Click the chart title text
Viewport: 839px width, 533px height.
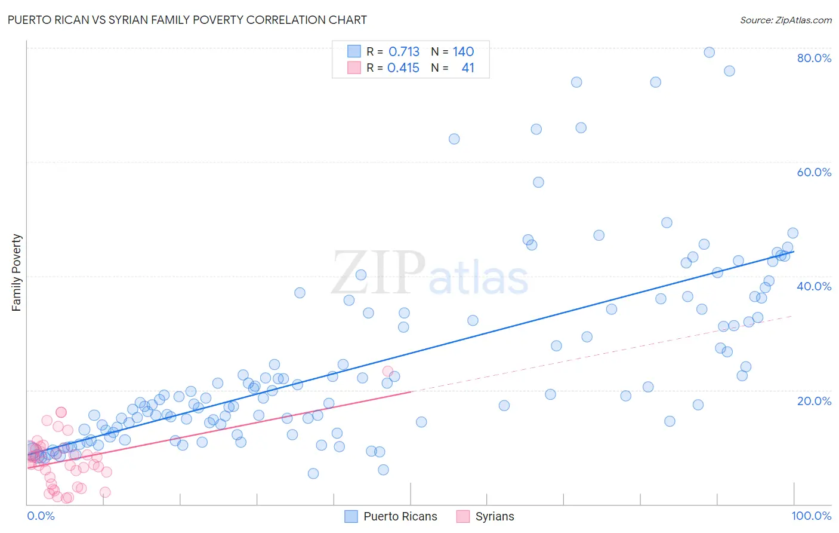tap(187, 20)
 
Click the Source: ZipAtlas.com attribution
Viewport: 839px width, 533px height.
tap(785, 20)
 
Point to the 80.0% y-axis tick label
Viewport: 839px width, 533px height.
tap(814, 58)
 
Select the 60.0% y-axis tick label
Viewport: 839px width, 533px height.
tap(814, 172)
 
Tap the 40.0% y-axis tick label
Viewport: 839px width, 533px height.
tap(814, 286)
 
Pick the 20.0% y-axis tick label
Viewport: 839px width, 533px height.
tap(814, 401)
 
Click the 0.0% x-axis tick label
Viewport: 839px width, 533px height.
tap(41, 516)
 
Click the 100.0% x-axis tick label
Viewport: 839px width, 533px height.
tap(811, 516)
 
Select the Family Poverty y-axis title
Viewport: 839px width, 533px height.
tap(17, 272)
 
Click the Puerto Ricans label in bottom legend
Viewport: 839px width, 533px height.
tap(400, 516)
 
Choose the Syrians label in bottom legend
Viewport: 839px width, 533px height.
tap(494, 516)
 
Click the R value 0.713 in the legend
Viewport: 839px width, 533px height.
tap(404, 51)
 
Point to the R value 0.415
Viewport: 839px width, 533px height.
tap(403, 68)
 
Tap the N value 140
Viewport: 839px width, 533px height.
tap(463, 51)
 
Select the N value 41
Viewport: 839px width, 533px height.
tap(468, 68)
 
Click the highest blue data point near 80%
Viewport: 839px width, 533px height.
tap(709, 52)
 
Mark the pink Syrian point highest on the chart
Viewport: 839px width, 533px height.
tap(387, 371)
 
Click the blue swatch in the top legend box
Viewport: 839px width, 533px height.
tap(354, 51)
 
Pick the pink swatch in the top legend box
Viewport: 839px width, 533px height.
tap(354, 68)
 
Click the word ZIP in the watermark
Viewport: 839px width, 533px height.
tap(378, 272)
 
